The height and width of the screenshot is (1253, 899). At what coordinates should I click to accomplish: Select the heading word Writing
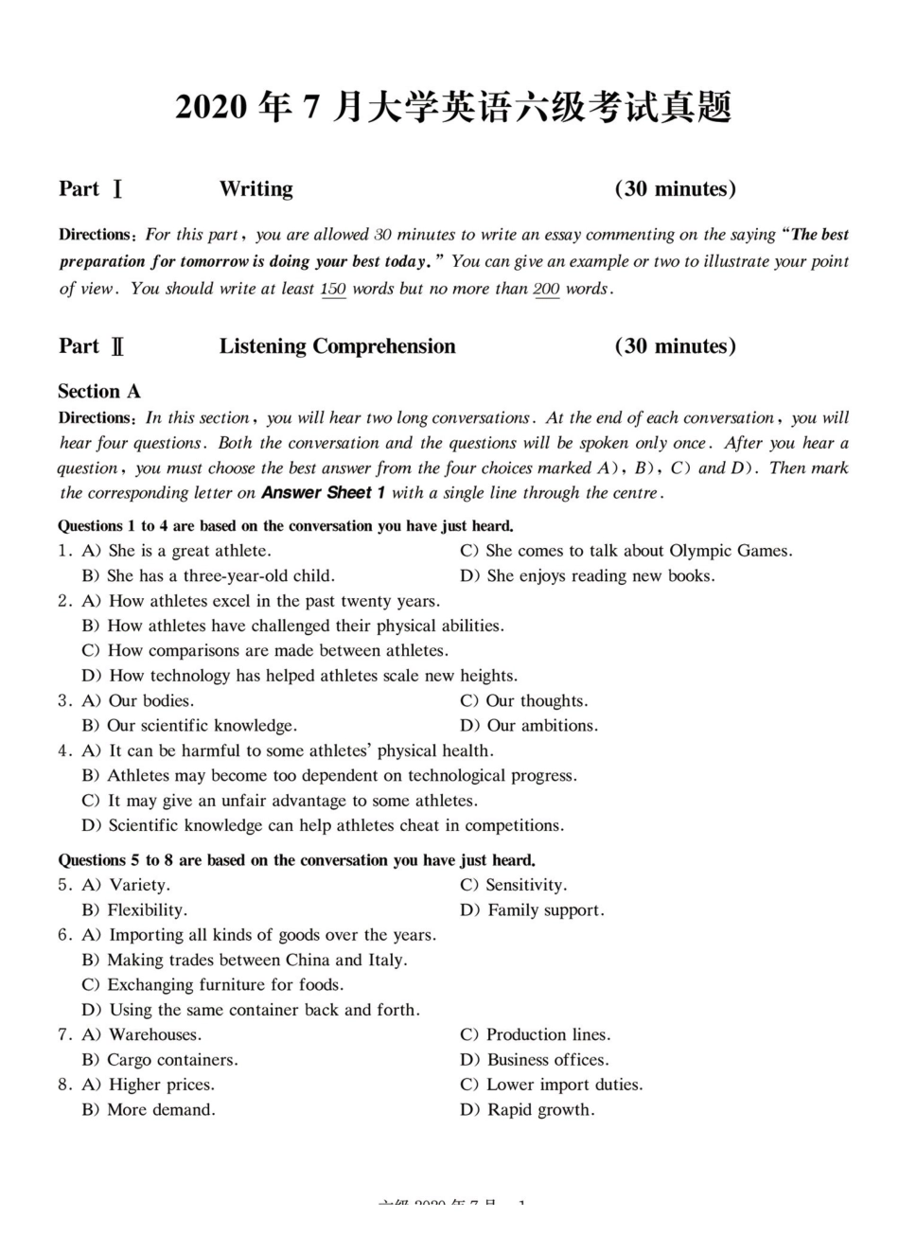click(x=256, y=189)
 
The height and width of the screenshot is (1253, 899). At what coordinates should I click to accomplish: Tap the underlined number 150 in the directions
click(x=333, y=289)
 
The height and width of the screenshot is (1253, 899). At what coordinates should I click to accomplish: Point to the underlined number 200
click(x=546, y=289)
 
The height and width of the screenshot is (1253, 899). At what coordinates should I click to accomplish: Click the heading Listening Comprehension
click(x=337, y=346)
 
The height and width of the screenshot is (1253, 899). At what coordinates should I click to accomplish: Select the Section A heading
click(x=98, y=392)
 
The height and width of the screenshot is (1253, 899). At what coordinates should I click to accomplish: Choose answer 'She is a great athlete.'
click(x=189, y=551)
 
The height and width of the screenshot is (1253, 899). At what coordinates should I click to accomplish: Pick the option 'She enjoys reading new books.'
click(x=600, y=575)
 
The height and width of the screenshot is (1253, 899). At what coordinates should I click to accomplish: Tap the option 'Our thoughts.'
click(x=536, y=701)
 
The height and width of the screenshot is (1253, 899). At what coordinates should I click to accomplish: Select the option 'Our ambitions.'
click(x=541, y=726)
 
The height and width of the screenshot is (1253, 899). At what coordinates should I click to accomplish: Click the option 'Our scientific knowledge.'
click(x=202, y=726)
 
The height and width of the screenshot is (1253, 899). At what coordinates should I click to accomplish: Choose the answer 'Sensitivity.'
click(x=525, y=885)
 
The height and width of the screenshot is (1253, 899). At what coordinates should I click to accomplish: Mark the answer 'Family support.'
click(x=545, y=910)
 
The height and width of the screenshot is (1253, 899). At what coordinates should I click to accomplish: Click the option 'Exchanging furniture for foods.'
click(x=225, y=985)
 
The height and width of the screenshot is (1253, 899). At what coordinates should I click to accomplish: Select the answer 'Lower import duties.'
click(x=564, y=1085)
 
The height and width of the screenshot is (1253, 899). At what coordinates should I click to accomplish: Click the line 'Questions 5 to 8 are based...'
click(x=297, y=860)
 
